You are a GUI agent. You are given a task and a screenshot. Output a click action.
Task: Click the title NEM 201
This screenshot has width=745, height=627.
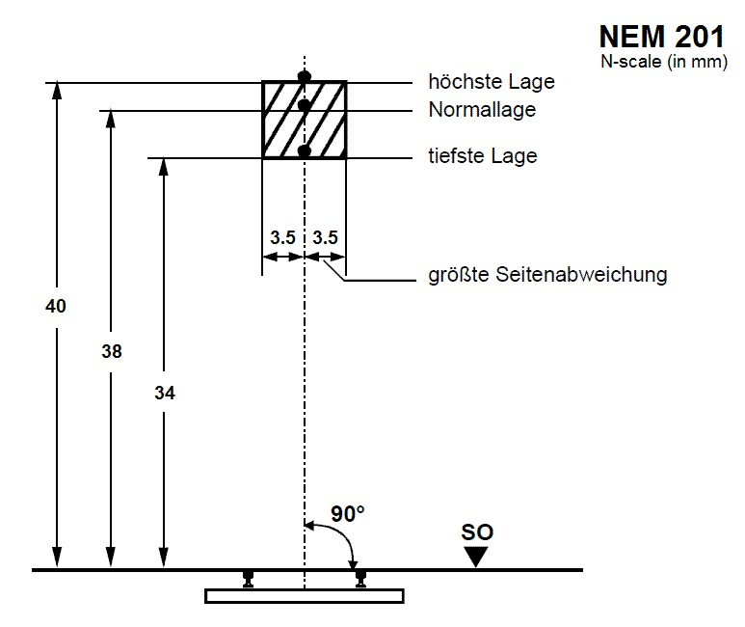(661, 37)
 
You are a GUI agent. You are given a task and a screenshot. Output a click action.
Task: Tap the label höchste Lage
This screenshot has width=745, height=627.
(492, 83)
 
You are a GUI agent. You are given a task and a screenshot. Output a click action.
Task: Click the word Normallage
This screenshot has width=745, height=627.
(482, 110)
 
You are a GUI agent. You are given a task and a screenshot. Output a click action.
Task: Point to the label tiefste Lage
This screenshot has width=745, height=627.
(483, 156)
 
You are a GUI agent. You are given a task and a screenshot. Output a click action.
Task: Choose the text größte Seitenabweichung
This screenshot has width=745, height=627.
(547, 275)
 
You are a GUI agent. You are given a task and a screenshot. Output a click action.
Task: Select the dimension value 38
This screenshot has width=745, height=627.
(112, 352)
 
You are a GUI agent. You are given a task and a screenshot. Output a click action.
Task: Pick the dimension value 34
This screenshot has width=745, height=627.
(165, 393)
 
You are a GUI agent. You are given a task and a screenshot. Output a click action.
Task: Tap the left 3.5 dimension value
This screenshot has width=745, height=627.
(282, 236)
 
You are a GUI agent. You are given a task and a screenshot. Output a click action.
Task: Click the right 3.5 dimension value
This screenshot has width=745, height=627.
(327, 236)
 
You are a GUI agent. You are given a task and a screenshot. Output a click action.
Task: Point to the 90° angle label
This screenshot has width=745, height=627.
(348, 514)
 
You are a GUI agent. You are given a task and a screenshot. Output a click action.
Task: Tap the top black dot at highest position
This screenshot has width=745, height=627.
(305, 76)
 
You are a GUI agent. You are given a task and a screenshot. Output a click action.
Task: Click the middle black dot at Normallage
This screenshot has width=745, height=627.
(305, 106)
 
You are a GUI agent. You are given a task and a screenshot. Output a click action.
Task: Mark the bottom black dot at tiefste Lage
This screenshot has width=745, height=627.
(305, 151)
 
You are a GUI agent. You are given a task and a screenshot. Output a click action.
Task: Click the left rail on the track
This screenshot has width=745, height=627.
(249, 578)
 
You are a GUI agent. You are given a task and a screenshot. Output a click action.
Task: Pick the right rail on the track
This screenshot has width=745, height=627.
(360, 578)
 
